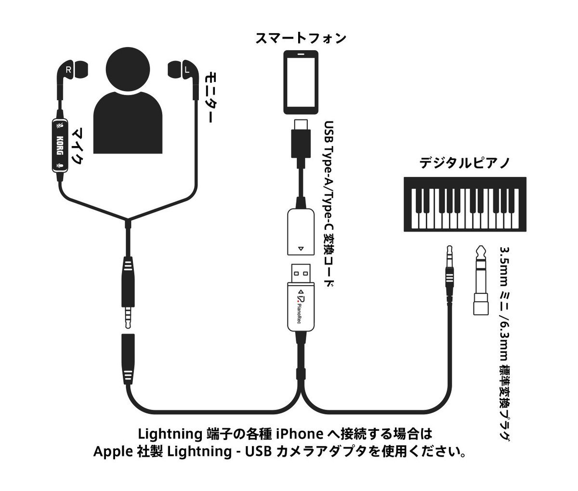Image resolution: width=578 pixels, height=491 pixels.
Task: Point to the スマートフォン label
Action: [301, 38]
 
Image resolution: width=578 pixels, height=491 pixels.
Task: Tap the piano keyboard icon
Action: [464, 205]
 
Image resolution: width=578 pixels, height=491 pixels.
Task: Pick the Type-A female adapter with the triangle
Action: [301, 231]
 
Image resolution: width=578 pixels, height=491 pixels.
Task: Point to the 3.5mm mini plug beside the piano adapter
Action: [450, 275]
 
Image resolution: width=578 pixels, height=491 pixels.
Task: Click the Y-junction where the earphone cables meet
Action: [128, 223]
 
